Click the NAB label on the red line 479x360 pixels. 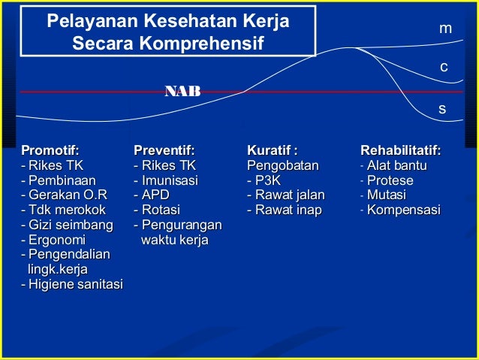tap(182, 92)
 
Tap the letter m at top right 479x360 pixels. tap(445, 29)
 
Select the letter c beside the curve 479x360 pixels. tap(444, 68)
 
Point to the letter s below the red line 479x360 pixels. tap(442, 109)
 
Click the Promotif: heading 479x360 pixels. tap(50, 150)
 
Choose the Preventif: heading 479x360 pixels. tap(164, 150)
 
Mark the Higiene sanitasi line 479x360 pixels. tap(72, 284)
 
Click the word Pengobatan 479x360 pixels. tap(283, 165)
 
